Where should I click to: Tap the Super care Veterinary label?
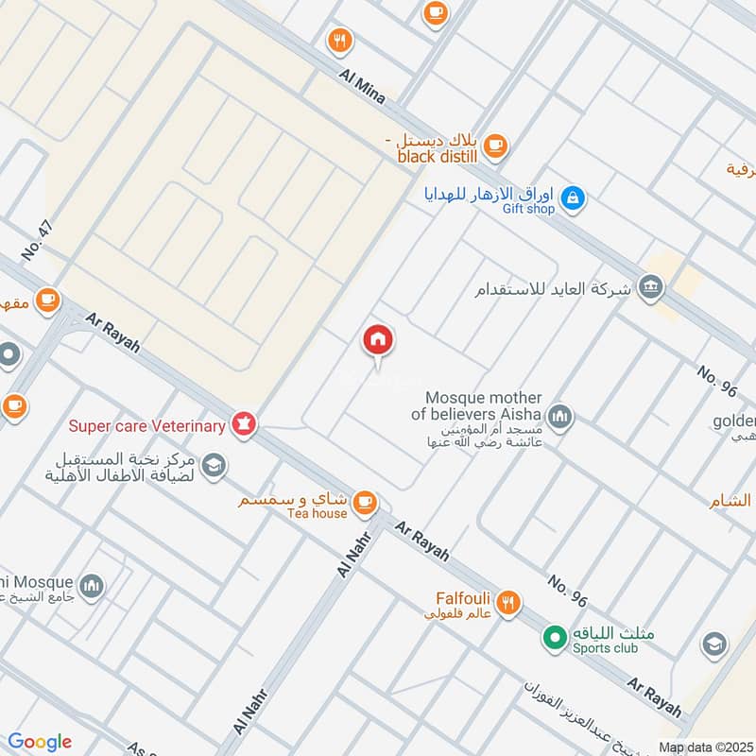coord(146,425)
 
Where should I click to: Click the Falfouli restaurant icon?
coord(508,602)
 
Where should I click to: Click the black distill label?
coord(438,157)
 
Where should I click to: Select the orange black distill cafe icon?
coord(495,146)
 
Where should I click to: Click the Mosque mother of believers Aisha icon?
coord(560,417)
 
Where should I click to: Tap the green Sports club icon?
coord(553,638)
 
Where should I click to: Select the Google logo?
coord(40,742)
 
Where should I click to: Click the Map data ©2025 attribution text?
coord(704,747)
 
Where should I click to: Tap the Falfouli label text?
coord(461,597)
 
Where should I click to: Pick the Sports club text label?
coord(605,647)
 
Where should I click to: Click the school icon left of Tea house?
coord(215,464)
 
